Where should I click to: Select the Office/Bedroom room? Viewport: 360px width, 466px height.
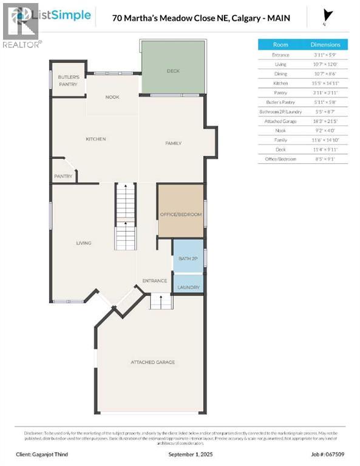(x=180, y=215)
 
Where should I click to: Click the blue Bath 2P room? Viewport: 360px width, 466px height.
(x=188, y=258)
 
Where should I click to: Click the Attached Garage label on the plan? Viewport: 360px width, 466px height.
(x=152, y=362)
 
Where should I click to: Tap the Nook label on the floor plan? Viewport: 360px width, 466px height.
(x=112, y=97)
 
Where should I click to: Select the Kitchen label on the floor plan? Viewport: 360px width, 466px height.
(x=96, y=139)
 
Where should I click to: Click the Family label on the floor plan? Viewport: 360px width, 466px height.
(x=174, y=143)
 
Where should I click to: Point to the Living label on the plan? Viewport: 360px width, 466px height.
(x=83, y=243)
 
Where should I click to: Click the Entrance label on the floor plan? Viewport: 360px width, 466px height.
(x=154, y=281)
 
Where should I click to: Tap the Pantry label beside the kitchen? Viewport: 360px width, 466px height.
(x=63, y=177)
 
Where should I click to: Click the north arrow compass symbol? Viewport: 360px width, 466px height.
(x=328, y=16)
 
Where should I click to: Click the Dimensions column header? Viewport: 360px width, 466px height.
(x=325, y=44)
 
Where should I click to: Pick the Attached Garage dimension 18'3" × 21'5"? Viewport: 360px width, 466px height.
(x=325, y=121)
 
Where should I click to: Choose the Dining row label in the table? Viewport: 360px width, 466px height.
(x=280, y=73)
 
